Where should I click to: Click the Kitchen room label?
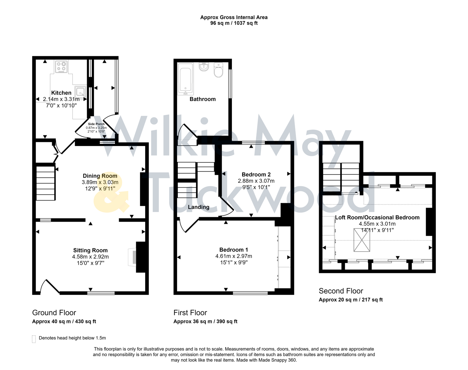click(61, 93)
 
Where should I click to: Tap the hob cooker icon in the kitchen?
click(61, 67)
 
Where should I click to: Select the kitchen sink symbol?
click(80, 91)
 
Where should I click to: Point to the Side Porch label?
click(96, 124)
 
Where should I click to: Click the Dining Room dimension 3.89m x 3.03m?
click(100, 182)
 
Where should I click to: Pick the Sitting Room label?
click(90, 250)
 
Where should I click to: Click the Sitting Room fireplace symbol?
click(132, 257)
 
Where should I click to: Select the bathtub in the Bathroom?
click(186, 81)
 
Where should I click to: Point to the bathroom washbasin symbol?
click(204, 66)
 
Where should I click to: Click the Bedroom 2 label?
click(256, 174)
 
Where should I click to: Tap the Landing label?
click(198, 207)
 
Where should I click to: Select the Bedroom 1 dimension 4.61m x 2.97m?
click(234, 256)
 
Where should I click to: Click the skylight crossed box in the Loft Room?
click(362, 239)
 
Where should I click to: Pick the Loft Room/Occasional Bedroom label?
click(377, 218)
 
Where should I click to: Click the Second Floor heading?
click(341, 291)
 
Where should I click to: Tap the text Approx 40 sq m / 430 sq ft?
click(64, 321)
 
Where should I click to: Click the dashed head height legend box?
click(34, 339)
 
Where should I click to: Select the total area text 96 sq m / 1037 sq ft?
click(234, 23)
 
